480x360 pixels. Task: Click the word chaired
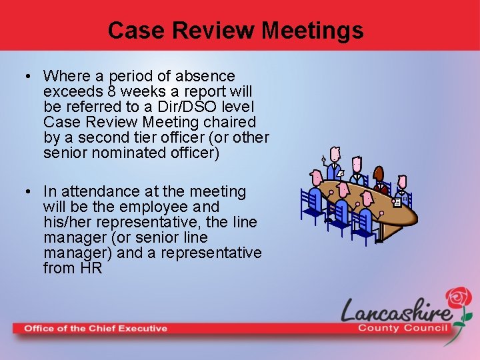click(230, 122)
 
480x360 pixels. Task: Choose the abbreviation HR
click(91, 269)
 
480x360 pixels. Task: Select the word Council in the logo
click(426, 327)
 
